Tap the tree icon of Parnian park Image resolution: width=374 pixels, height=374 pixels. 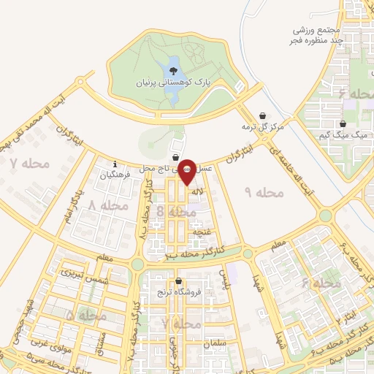(x=173, y=71)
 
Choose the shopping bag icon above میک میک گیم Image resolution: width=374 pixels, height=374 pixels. (x=343, y=123)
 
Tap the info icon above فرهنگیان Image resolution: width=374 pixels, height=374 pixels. (x=115, y=164)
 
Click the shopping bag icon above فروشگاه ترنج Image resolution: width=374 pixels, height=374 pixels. (x=178, y=281)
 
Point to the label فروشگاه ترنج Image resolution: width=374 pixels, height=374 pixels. (x=178, y=293)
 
